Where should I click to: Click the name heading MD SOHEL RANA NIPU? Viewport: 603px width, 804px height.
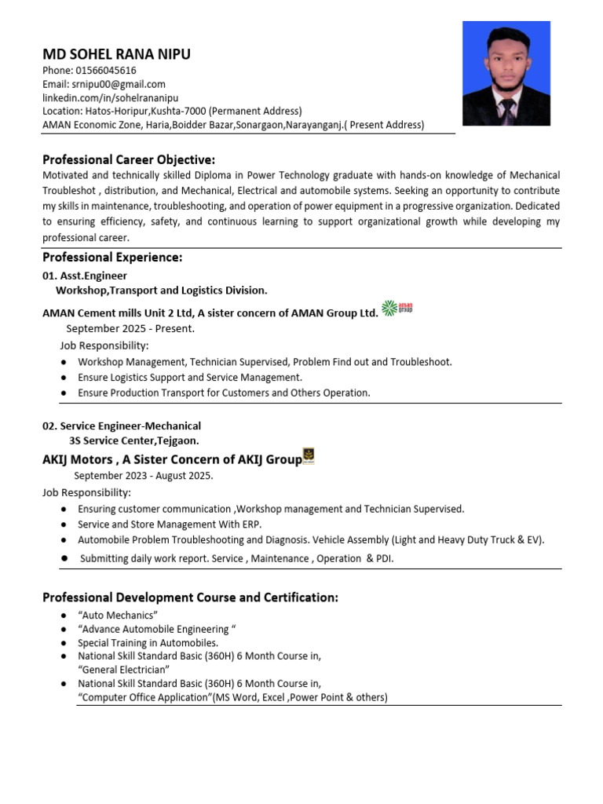coord(116,54)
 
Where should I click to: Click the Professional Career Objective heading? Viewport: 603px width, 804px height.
coord(129,159)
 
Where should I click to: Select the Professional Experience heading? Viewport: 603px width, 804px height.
coord(112,258)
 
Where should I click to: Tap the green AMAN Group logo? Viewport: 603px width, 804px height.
coord(397,308)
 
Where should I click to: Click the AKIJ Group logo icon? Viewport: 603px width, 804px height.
coord(309,456)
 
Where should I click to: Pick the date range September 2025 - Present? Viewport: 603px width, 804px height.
coord(130,328)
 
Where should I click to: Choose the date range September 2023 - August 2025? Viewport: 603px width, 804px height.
coord(144,475)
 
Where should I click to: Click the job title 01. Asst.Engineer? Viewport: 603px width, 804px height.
coord(85,276)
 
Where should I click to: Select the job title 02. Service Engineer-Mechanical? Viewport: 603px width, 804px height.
coord(122,426)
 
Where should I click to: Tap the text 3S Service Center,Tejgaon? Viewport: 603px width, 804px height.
coord(134,440)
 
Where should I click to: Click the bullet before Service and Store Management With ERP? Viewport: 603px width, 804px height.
coord(63,524)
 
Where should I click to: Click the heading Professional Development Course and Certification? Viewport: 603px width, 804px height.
coord(190,598)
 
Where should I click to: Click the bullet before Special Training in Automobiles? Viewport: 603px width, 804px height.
coord(63,642)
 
